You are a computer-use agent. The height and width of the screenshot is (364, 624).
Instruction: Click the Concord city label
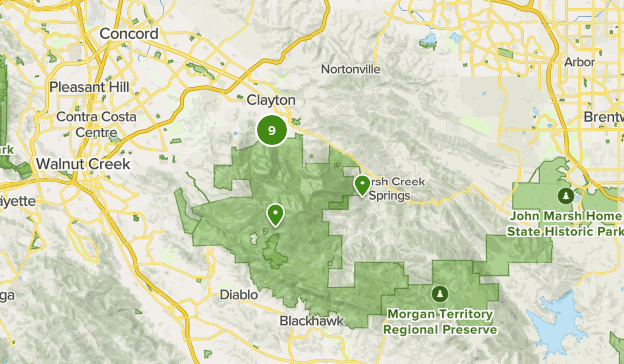click(x=129, y=34)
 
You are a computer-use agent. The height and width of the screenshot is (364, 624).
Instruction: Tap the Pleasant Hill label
click(x=90, y=87)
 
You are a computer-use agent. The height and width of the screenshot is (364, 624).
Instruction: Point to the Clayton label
click(x=271, y=100)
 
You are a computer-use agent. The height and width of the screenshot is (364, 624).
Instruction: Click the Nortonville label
click(x=350, y=69)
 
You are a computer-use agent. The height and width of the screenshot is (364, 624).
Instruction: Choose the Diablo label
click(x=239, y=295)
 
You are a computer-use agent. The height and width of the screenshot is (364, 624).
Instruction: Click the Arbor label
click(x=579, y=61)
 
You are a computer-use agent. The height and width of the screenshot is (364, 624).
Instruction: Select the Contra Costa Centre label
click(x=89, y=123)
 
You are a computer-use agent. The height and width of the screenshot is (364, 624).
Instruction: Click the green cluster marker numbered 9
click(x=272, y=130)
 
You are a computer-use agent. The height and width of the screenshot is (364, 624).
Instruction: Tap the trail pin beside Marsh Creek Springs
click(x=361, y=184)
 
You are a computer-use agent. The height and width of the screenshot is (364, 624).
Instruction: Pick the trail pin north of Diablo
click(x=274, y=213)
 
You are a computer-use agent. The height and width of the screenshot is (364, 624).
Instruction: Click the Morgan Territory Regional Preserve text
click(x=440, y=321)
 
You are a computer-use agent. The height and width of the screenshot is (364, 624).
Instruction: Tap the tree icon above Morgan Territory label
click(x=440, y=294)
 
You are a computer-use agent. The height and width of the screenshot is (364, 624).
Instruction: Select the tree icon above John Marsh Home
click(x=566, y=195)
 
